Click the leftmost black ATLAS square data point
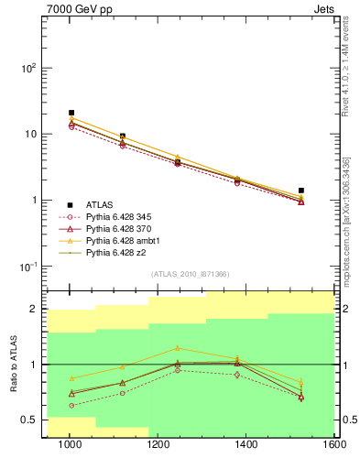coord(71,113)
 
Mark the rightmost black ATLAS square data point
coord(301,191)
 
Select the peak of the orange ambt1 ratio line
coord(179,348)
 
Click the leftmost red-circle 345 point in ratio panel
coord(71,405)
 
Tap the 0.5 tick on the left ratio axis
coord(35,420)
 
